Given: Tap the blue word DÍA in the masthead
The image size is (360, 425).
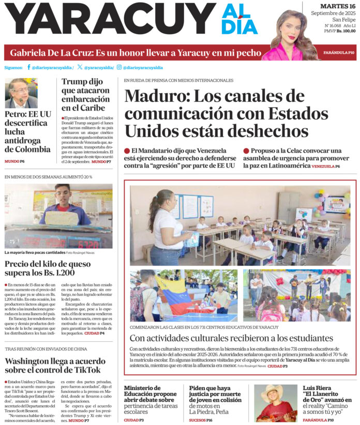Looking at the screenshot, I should pos(239,26).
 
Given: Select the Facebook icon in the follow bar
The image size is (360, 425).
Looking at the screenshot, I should pos(28,67).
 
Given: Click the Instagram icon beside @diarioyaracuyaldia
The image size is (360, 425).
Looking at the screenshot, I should pos(119,67).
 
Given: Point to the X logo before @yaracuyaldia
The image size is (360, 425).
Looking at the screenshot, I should pos(79,67).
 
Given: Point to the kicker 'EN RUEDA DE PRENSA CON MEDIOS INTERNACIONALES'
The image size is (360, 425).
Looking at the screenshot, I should pos(178,81).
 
